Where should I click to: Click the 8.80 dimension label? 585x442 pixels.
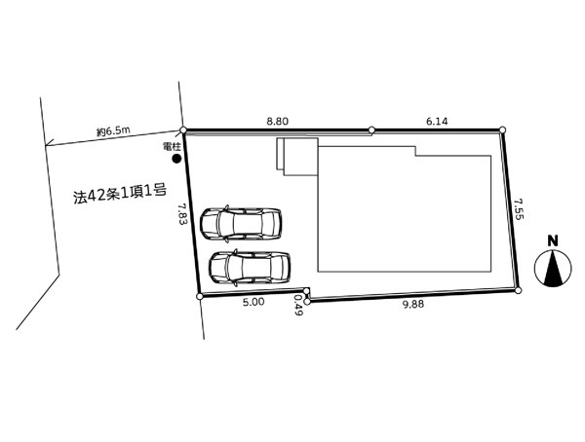click(277, 121)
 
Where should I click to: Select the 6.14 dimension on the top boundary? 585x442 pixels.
click(437, 121)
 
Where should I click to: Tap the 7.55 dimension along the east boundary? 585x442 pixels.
click(519, 208)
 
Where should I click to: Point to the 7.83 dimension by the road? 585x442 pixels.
click(182, 213)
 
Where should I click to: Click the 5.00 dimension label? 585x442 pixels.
click(253, 302)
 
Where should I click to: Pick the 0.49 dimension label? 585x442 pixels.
click(298, 305)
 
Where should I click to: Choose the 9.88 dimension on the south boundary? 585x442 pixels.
click(413, 305)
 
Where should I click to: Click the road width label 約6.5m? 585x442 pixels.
click(113, 131)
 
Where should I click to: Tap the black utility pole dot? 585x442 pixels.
click(176, 159)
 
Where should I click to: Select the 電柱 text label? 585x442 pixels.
click(172, 147)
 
